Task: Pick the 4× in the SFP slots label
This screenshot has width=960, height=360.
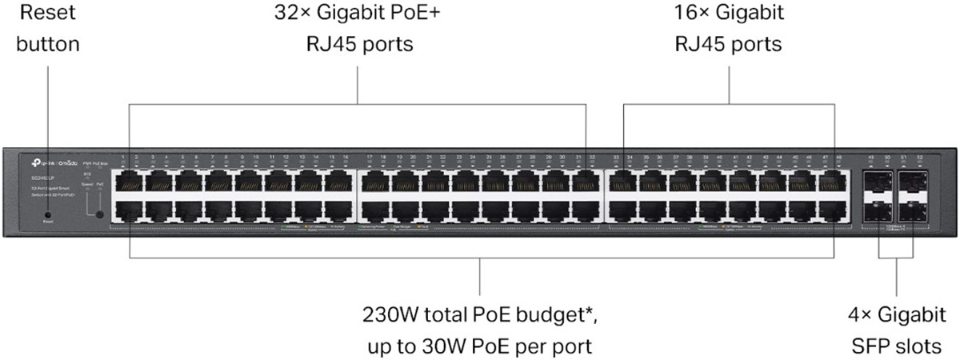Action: point(860,313)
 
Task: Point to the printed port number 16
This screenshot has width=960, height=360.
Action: point(345,158)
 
